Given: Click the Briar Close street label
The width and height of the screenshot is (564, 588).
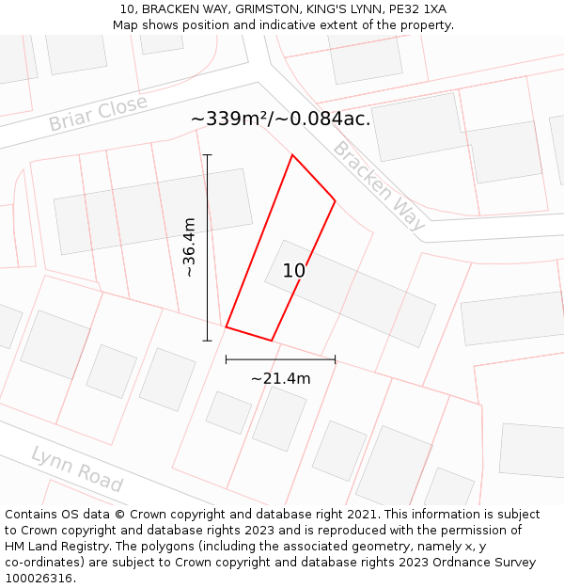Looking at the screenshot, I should [98, 113].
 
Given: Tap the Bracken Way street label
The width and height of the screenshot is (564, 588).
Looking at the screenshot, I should [379, 186].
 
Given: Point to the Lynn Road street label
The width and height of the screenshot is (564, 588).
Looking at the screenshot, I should [77, 469].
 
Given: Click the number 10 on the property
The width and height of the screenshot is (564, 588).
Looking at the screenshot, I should [294, 271].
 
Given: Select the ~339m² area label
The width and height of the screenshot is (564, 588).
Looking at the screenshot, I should [280, 119].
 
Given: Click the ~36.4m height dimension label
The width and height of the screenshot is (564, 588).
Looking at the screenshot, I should [189, 246].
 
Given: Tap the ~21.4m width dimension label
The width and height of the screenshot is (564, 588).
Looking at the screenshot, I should [280, 378].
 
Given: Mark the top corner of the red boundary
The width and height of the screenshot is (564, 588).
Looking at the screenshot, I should [292, 155].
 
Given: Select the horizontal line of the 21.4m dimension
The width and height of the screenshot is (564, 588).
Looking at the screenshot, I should [280, 359].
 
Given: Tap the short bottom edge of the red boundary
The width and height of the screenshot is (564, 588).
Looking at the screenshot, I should [249, 334].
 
